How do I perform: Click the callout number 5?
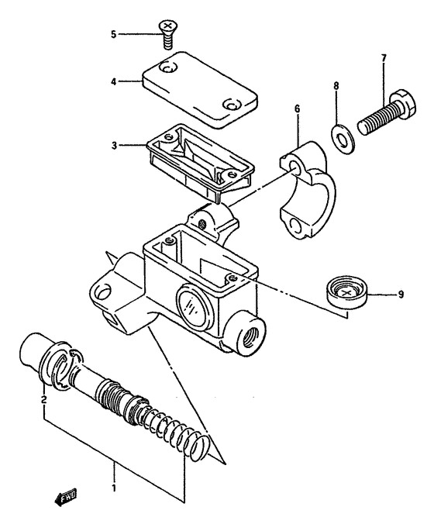pyautogui.click(x=113, y=34)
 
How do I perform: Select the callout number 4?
pyautogui.click(x=113, y=80)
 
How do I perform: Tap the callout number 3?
pyautogui.click(x=113, y=144)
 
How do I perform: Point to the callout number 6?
pyautogui.click(x=296, y=111)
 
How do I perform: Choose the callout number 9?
pyautogui.click(x=401, y=295)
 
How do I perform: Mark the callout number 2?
pyautogui.click(x=44, y=400)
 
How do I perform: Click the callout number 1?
pyautogui.click(x=115, y=489)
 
